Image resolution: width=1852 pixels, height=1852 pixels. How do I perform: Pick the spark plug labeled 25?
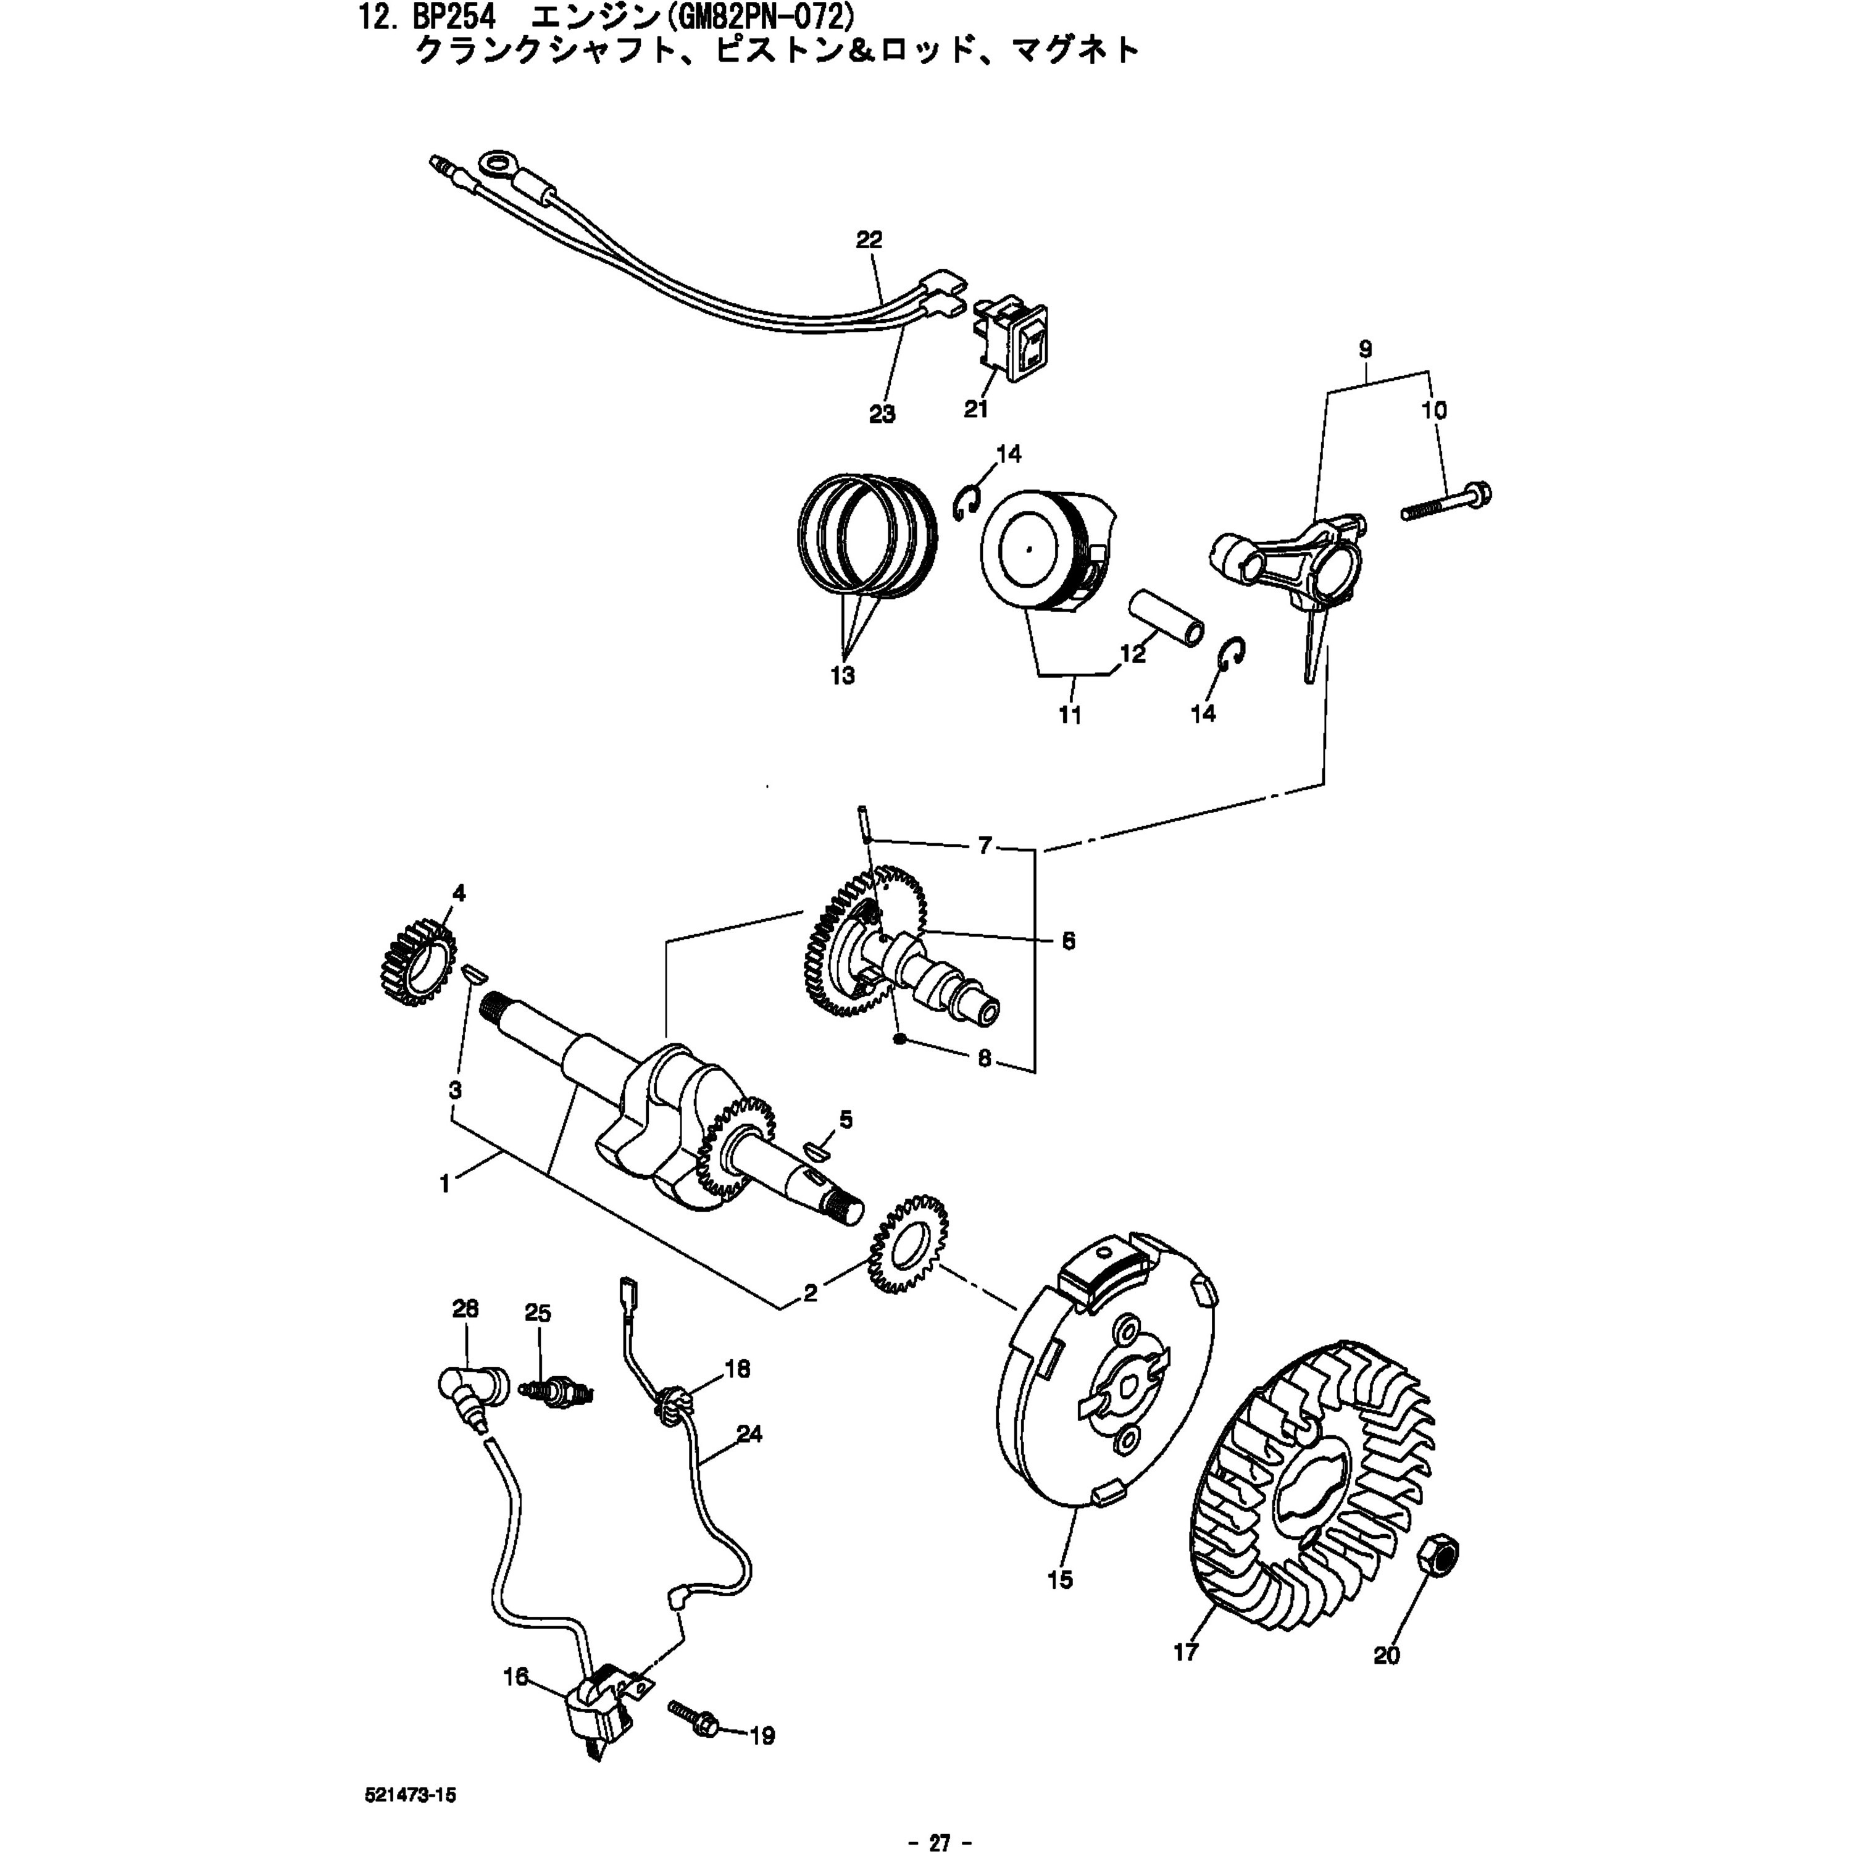[557, 1391]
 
